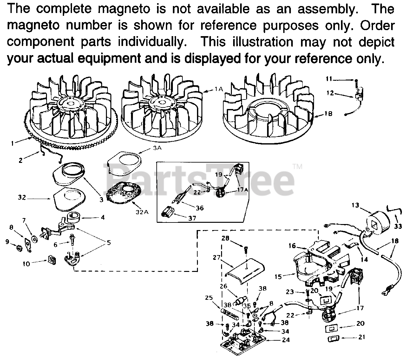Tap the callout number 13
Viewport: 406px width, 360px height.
(355, 205)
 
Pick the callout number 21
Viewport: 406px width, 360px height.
(362, 337)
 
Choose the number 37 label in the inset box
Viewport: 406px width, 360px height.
(192, 218)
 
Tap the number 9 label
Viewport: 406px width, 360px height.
(7, 242)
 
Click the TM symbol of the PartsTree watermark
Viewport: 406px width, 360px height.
(297, 166)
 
